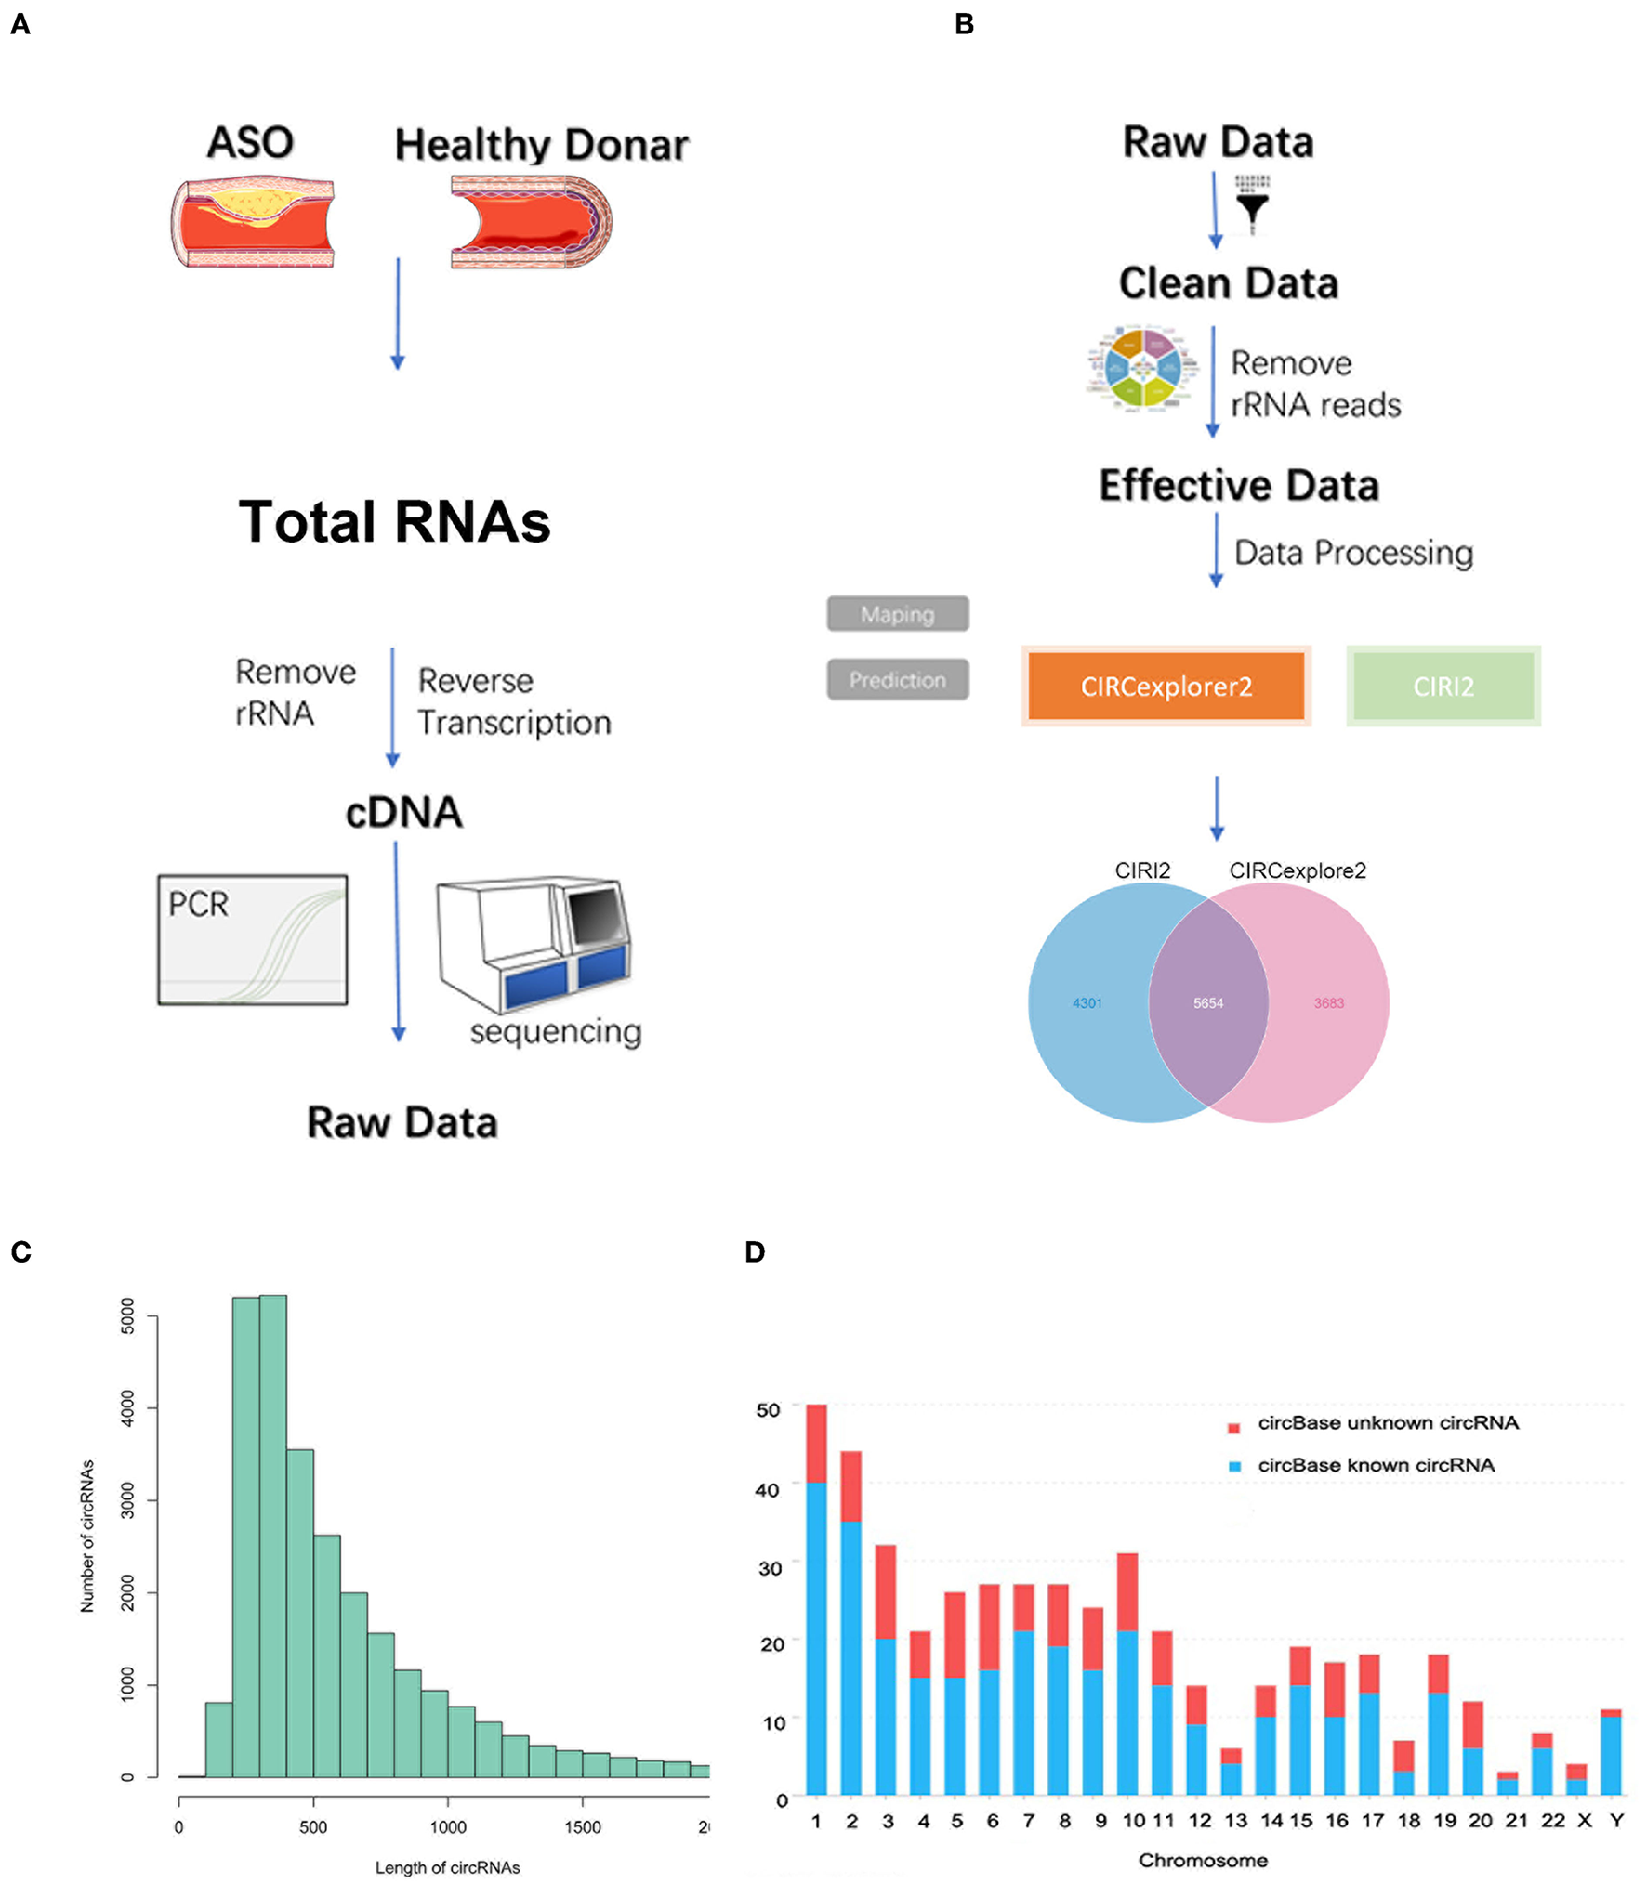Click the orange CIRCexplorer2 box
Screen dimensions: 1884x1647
click(1166, 686)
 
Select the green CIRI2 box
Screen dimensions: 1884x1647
click(1443, 686)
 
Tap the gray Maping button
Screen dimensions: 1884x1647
click(897, 614)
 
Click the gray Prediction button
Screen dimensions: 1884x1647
click(897, 679)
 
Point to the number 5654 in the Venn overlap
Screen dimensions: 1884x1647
click(1207, 1003)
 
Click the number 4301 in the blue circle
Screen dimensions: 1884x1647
click(1087, 1003)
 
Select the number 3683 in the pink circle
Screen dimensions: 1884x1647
click(1328, 1003)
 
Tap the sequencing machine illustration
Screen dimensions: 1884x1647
click(534, 943)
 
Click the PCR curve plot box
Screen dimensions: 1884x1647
click(252, 939)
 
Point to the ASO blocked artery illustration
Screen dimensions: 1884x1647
click(252, 223)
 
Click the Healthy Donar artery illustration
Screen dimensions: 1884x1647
click(531, 223)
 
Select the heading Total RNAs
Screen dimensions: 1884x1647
click(394, 522)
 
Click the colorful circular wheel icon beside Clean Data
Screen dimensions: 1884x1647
click(1142, 368)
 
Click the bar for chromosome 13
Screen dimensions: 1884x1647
click(1232, 1771)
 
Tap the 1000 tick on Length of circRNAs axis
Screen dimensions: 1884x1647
click(447, 1827)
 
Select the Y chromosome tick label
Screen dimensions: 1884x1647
click(1617, 1821)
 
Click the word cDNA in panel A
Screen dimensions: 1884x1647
click(403, 812)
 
